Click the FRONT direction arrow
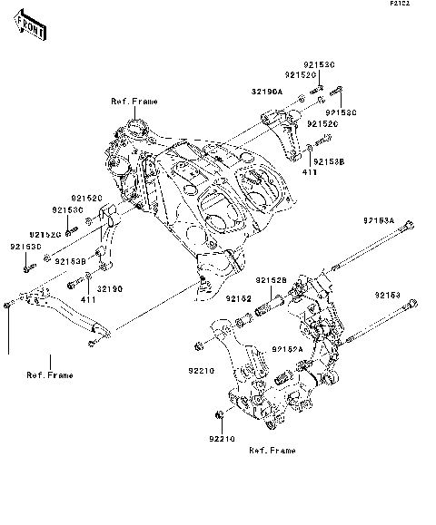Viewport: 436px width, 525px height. pos(32,31)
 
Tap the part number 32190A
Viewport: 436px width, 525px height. pos(267,92)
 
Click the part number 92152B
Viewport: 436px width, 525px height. pos(271,280)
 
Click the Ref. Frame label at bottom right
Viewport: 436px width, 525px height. pos(272,450)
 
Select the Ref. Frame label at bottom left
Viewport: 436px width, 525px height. pos(50,374)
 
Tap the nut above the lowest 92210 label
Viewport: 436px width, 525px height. pos(219,416)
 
